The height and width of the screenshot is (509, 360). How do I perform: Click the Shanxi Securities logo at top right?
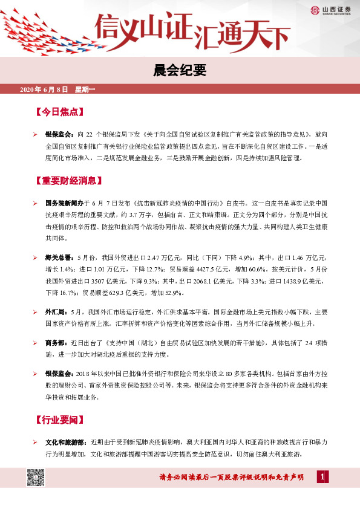pos(325,10)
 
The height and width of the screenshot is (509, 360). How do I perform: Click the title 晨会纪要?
pos(180,71)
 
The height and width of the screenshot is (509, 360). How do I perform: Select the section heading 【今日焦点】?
pos(59,112)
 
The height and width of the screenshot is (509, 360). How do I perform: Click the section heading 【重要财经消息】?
pos(68,180)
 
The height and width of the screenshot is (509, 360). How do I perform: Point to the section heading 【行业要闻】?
pos(59,420)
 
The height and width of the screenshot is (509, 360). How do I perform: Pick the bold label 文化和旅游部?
pos(66,443)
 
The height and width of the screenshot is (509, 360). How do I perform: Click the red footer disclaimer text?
pos(232,478)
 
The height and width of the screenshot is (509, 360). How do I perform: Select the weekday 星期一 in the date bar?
pos(90,90)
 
